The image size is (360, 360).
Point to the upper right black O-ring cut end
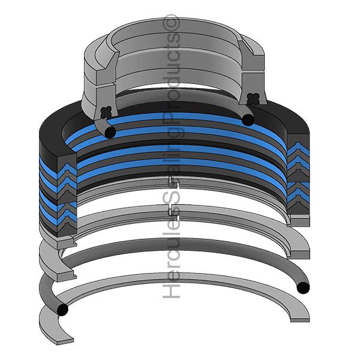[x=248, y=119]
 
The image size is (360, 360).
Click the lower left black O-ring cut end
[x=62, y=309]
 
